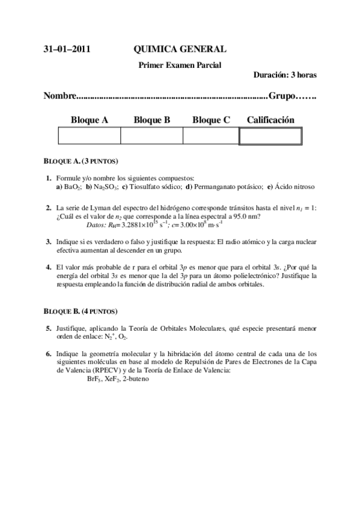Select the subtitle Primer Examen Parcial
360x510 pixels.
pos(180,64)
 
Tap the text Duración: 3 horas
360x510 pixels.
pos(285,75)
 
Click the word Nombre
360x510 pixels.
pos(61,96)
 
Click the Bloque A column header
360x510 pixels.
pos(90,120)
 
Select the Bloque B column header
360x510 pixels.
pos(152,120)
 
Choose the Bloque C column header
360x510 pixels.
pos(211,120)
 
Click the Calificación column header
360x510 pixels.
pos(270,120)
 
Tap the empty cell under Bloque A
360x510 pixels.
pos(90,136)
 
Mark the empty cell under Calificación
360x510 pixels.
pos(270,136)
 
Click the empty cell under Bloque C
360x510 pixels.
pos(211,136)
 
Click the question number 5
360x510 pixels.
pos(48,328)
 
